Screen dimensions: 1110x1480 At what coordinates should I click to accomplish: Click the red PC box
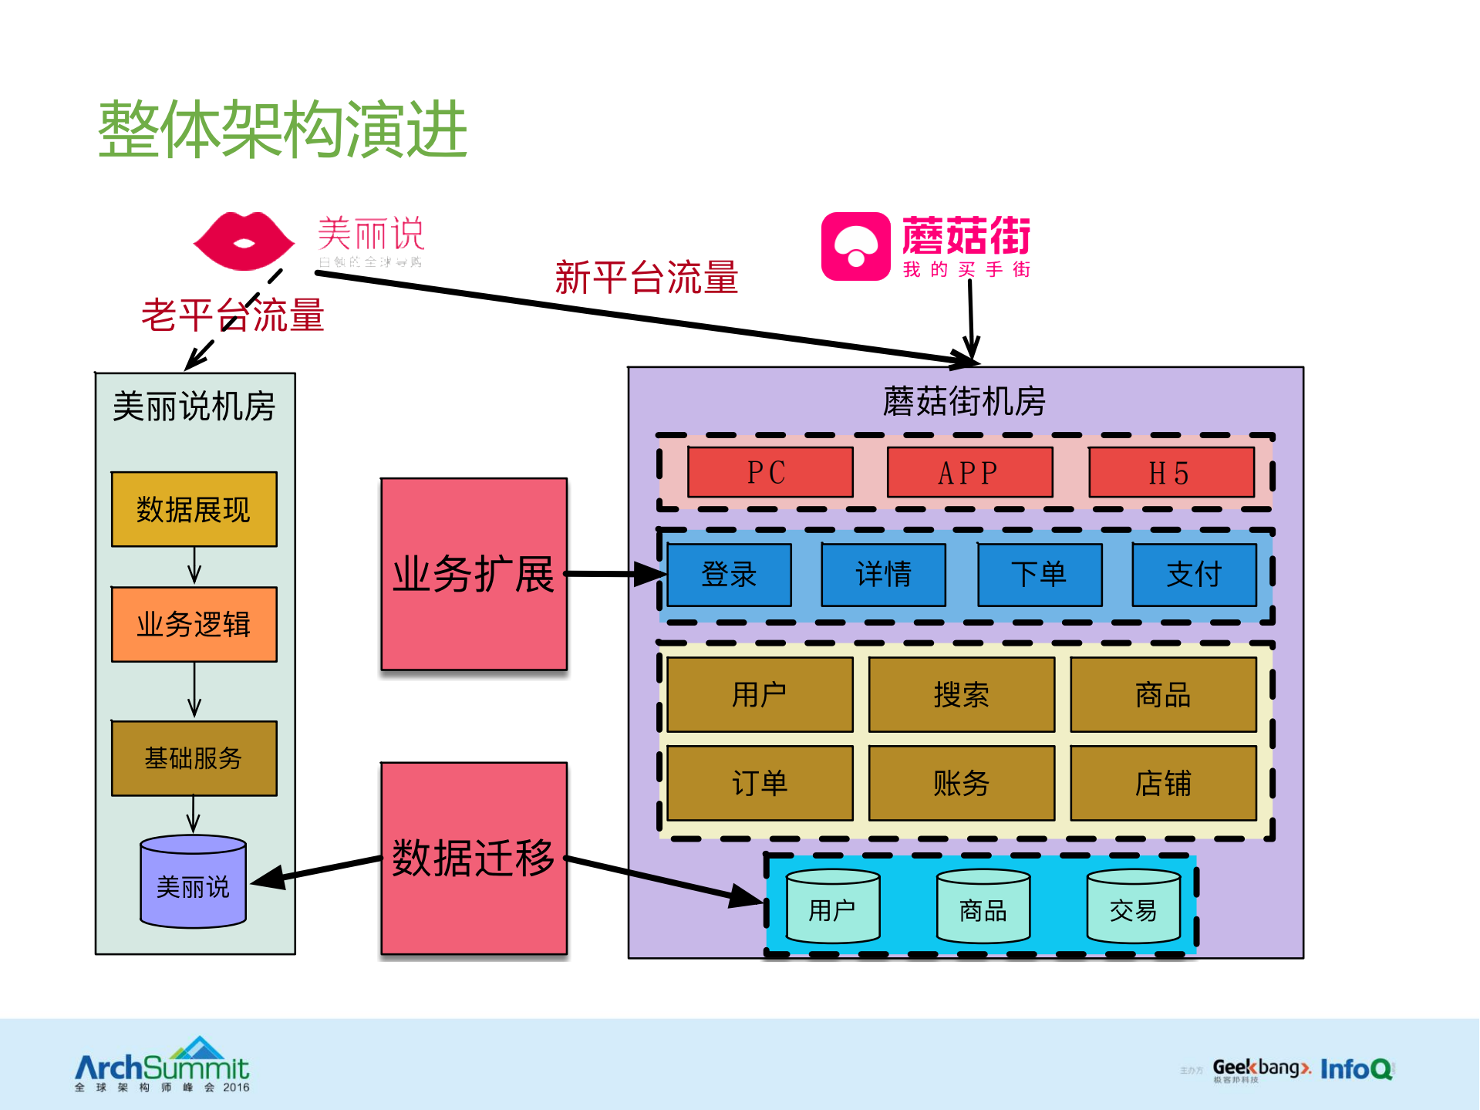[770, 472]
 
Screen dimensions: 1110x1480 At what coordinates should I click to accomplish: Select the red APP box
[969, 472]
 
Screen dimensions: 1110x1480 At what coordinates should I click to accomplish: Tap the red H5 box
[1171, 472]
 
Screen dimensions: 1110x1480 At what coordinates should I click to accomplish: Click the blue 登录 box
[729, 575]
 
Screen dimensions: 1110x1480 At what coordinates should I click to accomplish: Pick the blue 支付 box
[1194, 575]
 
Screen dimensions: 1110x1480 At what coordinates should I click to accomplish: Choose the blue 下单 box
[1039, 575]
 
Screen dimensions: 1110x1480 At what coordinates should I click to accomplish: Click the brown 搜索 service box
[961, 694]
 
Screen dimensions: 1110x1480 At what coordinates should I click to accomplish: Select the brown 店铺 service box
[1163, 783]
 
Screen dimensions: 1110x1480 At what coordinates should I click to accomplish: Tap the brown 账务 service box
[961, 783]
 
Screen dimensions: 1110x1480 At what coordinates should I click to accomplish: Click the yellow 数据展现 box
[194, 509]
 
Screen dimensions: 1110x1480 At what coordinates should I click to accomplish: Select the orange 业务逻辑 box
[194, 624]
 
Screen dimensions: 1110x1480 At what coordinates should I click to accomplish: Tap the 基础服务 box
[194, 757]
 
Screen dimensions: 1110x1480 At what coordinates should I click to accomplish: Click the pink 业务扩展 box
[474, 574]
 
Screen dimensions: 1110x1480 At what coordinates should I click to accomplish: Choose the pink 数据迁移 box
[474, 858]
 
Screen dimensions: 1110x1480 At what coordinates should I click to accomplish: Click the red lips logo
[244, 241]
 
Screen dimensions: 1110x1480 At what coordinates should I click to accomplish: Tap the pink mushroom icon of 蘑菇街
[855, 246]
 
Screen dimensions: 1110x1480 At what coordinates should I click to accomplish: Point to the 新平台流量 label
[646, 278]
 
